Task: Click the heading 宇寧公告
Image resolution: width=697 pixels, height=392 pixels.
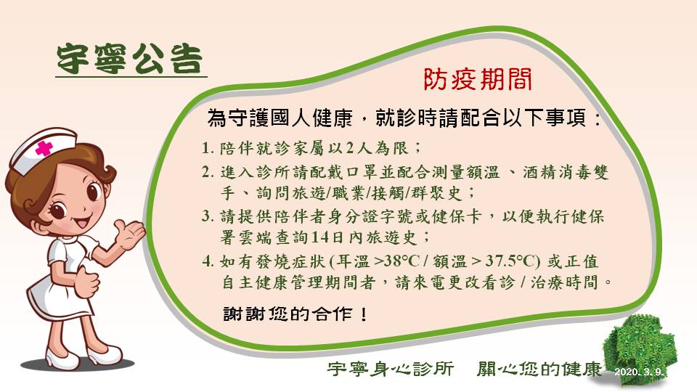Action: pyautogui.click(x=130, y=59)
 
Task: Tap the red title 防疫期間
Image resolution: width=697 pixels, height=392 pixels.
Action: pyautogui.click(x=477, y=80)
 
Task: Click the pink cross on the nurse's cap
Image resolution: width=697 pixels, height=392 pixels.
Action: pyautogui.click(x=44, y=147)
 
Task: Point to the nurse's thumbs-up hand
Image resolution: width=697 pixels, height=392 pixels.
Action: pyautogui.click(x=86, y=281)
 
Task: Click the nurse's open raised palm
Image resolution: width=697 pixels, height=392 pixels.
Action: pyautogui.click(x=129, y=233)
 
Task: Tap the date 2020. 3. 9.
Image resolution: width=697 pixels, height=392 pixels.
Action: pyautogui.click(x=639, y=372)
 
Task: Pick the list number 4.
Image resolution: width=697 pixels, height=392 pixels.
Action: pyautogui.click(x=207, y=261)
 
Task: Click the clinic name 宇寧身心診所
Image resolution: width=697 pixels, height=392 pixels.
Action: pyautogui.click(x=391, y=369)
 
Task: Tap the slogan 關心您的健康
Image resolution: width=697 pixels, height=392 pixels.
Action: pyautogui.click(x=539, y=369)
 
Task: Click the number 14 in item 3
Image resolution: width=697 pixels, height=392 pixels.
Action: pyautogui.click(x=319, y=237)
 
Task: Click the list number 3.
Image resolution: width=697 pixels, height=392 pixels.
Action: pyautogui.click(x=207, y=216)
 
